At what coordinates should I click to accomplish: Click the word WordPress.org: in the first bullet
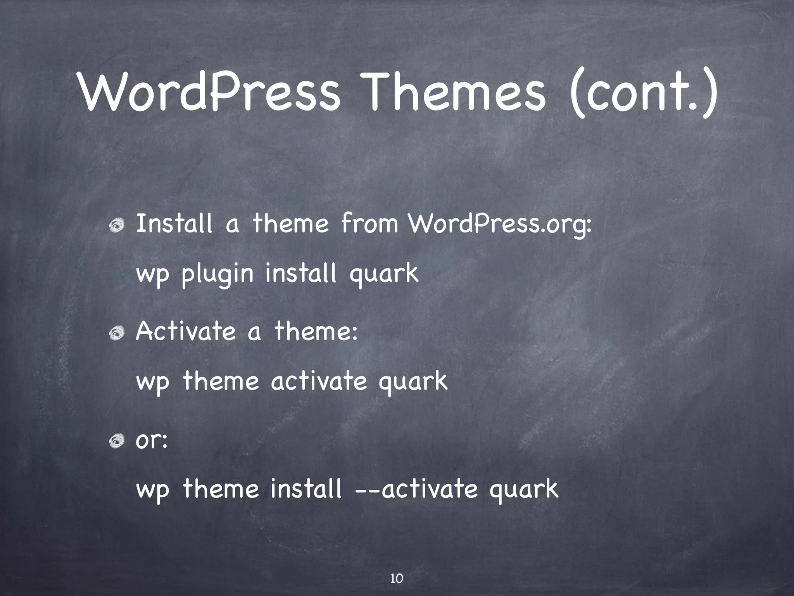pyautogui.click(x=500, y=224)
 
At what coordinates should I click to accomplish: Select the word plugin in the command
pyautogui.click(x=217, y=274)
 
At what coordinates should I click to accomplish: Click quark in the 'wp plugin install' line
pyautogui.click(x=384, y=274)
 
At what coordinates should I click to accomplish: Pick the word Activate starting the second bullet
pyautogui.click(x=186, y=332)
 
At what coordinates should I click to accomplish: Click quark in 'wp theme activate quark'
pyautogui.click(x=413, y=382)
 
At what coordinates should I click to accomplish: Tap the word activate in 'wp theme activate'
pyautogui.click(x=318, y=381)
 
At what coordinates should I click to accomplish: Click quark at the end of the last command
pyautogui.click(x=523, y=490)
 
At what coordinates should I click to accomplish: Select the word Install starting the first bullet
pyautogui.click(x=174, y=224)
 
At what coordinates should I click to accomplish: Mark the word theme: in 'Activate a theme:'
pyautogui.click(x=316, y=332)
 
